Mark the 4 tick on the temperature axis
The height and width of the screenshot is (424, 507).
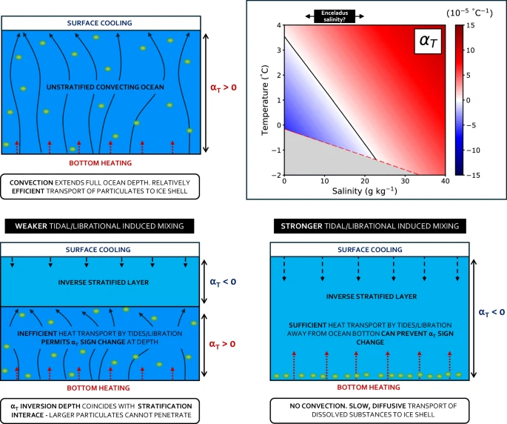click(x=278, y=25)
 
